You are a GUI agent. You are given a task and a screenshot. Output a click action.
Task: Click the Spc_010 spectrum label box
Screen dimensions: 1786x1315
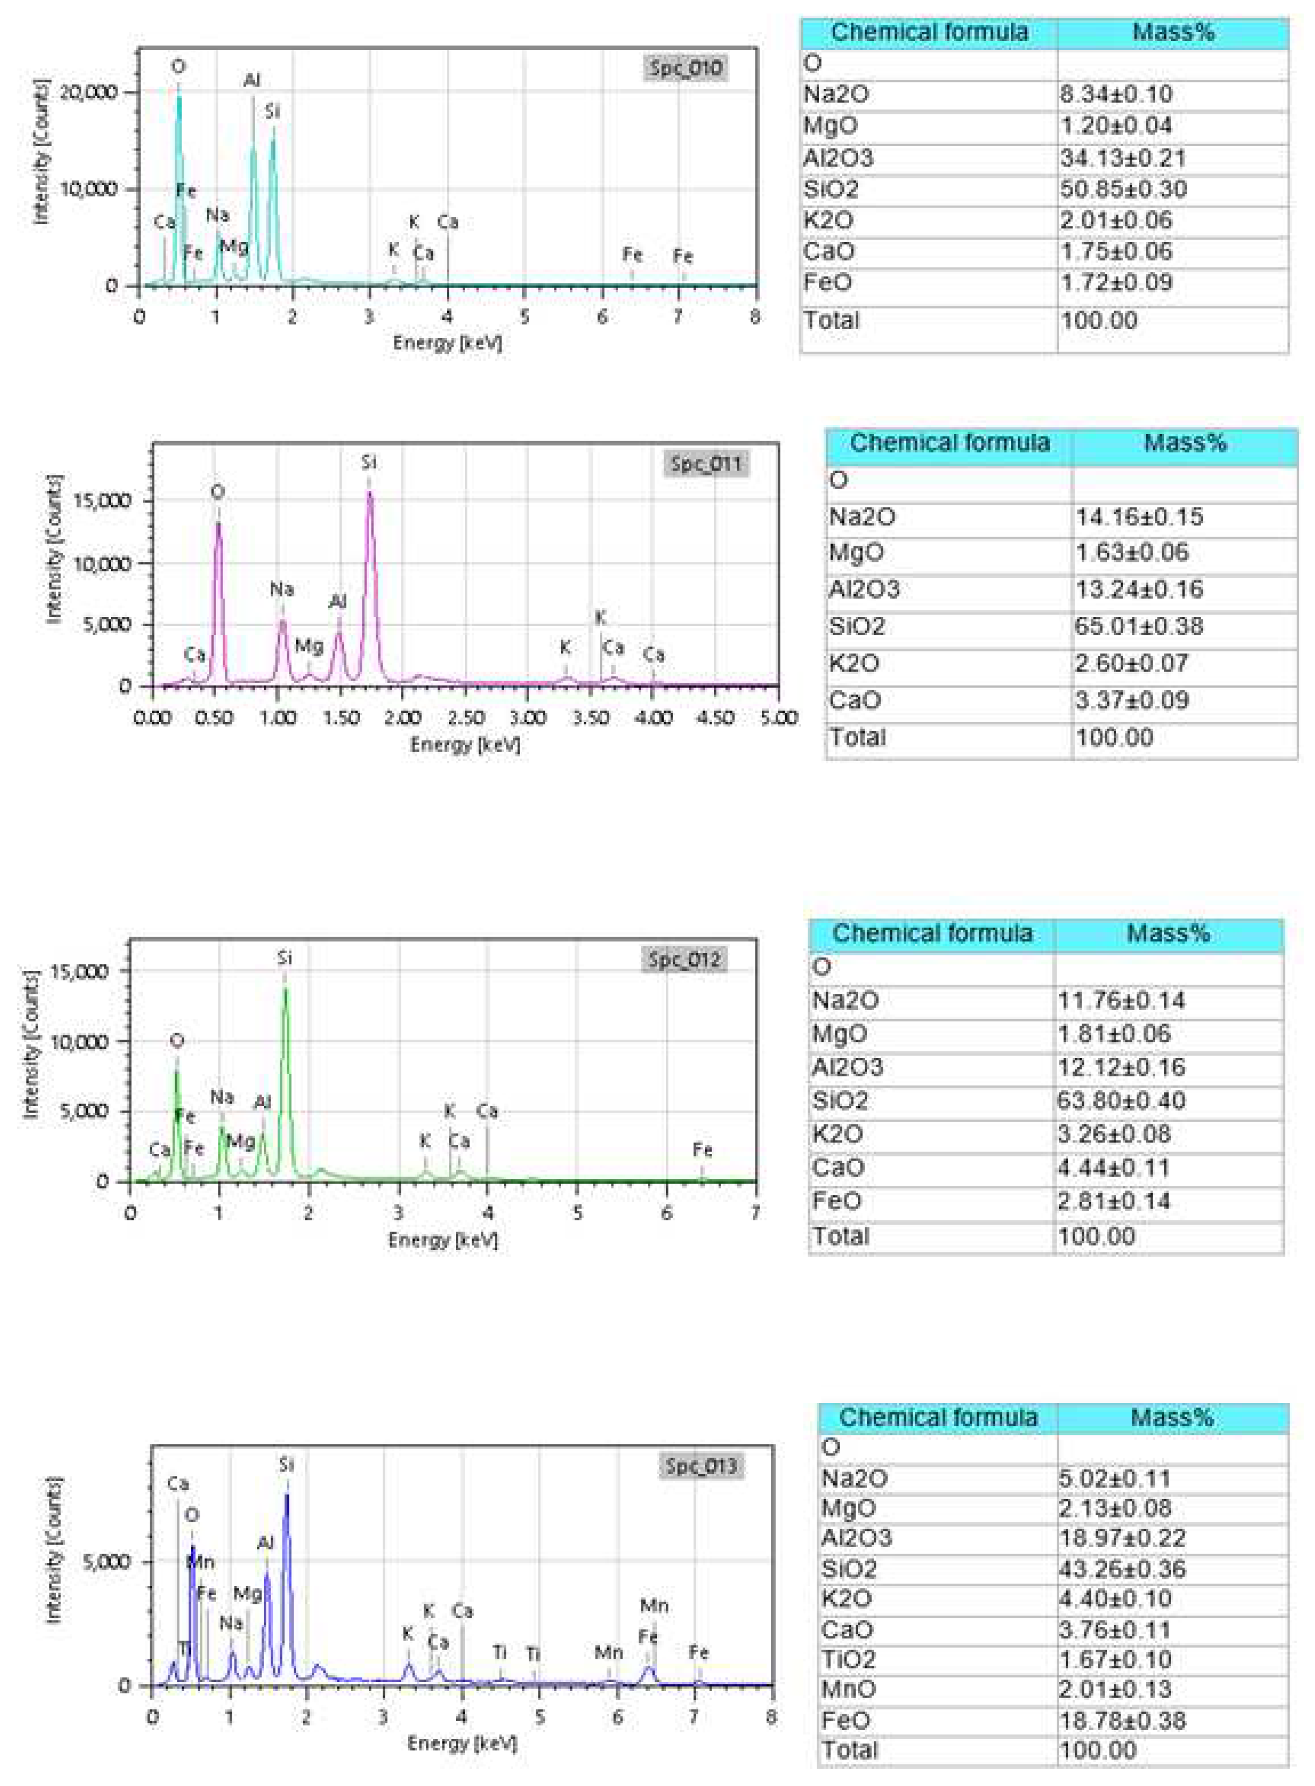pyautogui.click(x=686, y=68)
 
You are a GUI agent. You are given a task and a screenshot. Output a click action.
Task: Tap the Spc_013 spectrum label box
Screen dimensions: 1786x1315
pyautogui.click(x=701, y=1466)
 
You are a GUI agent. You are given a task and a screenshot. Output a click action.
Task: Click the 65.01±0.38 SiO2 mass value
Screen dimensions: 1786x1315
pyautogui.click(x=1138, y=627)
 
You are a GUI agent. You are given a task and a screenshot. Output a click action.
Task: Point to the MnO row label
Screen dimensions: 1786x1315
pyautogui.click(x=848, y=1689)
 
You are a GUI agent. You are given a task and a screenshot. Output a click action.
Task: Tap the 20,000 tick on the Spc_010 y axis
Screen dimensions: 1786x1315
pyautogui.click(x=88, y=92)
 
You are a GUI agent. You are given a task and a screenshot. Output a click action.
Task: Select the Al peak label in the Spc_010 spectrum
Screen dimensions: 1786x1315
pyautogui.click(x=252, y=80)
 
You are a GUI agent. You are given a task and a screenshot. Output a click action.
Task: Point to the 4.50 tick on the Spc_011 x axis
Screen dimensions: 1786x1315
pyautogui.click(x=715, y=718)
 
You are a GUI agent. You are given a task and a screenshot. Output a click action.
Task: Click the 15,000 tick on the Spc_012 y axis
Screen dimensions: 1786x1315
pyautogui.click(x=79, y=971)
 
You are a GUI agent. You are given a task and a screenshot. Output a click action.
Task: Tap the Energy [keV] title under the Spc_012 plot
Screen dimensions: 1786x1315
pyautogui.click(x=442, y=1240)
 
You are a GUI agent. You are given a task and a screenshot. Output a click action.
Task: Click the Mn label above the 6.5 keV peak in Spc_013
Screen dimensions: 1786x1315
pyautogui.click(x=654, y=1606)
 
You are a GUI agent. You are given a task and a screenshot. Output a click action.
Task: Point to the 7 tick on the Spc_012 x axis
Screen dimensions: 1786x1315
pyautogui.click(x=755, y=1213)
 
